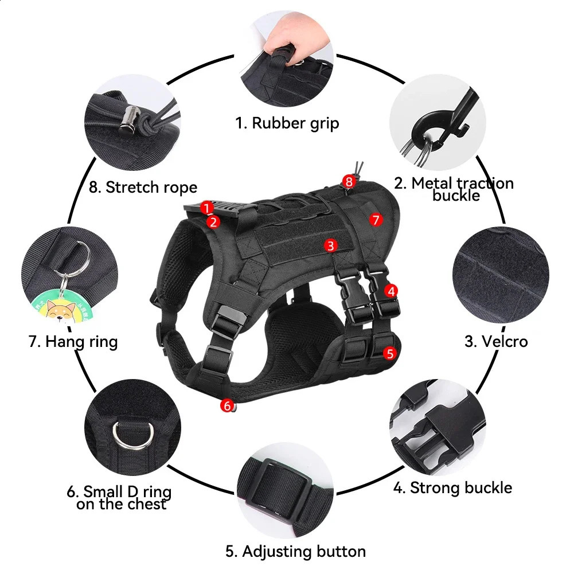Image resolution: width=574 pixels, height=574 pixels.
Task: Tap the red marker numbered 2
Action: coord(213,221)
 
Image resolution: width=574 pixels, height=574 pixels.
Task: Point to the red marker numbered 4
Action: coord(391,291)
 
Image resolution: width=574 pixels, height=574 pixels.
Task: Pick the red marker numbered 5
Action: coord(390,353)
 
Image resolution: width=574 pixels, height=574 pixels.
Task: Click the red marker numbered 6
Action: coord(227,406)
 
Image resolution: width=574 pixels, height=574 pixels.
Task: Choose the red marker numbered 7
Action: coord(376,220)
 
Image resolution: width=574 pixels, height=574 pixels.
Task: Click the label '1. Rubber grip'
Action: coord(287,123)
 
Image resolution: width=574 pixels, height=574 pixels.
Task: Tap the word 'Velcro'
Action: coord(504,341)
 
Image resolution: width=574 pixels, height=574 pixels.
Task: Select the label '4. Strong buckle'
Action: coord(452,488)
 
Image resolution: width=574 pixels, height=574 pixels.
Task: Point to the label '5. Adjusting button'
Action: coord(295,552)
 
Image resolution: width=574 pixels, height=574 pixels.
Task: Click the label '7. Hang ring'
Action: coord(73,342)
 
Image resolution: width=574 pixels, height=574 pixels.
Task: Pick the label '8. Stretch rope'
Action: coord(143,187)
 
